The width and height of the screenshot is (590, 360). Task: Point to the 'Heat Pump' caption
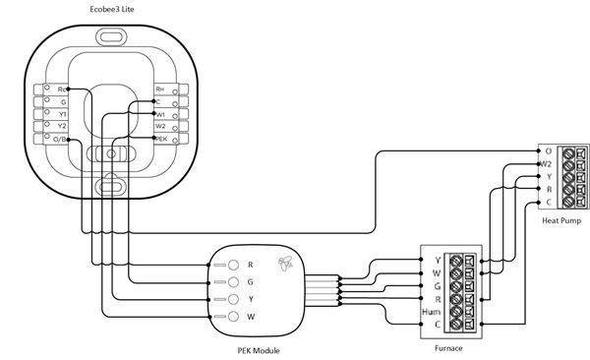pos(560,220)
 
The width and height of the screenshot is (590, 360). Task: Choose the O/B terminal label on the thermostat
pos(61,140)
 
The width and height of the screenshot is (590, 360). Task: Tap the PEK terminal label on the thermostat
pos(162,140)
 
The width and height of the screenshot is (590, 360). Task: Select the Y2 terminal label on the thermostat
pos(61,126)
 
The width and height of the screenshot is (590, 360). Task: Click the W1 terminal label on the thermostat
pos(160,113)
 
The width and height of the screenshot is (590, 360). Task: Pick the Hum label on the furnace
pos(431,311)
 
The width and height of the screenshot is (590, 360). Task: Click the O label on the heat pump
pos(548,150)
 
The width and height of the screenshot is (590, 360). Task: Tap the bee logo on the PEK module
pos(286,264)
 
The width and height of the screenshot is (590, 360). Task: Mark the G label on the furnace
pos(436,285)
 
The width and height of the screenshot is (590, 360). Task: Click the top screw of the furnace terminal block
pos(455,260)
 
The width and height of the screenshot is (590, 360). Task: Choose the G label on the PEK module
pos(251,281)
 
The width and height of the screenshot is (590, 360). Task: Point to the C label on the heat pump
pos(548,202)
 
